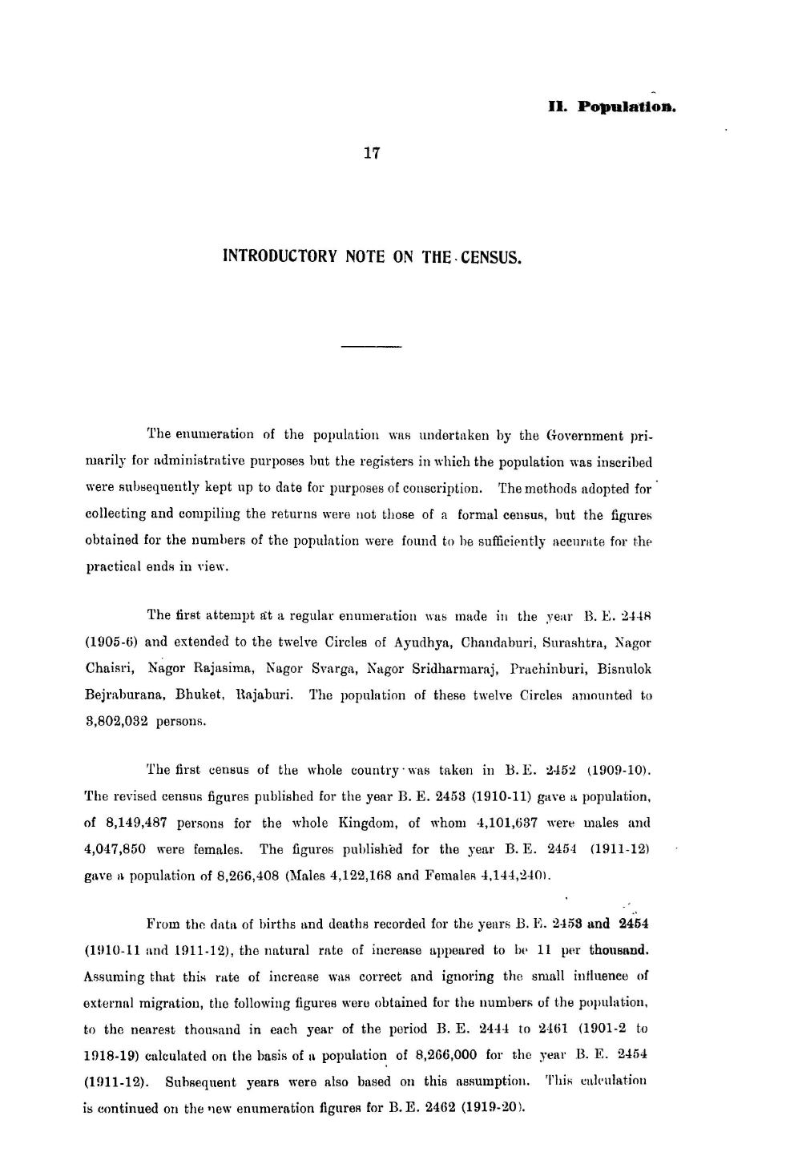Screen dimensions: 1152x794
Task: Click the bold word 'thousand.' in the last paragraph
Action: click(x=618, y=951)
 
